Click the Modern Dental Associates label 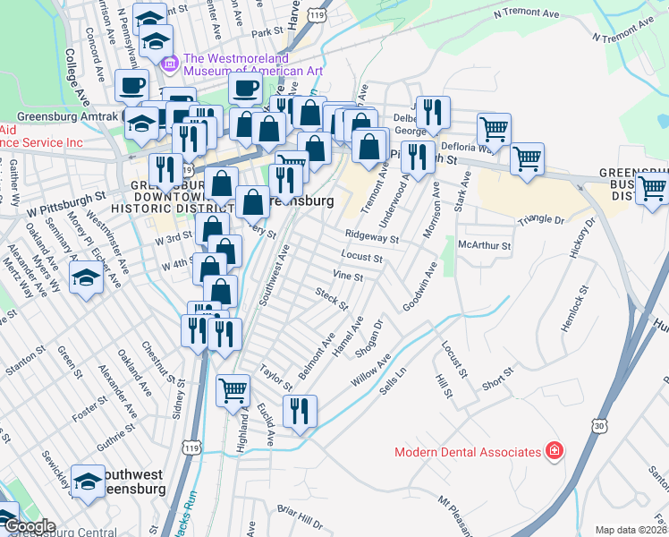coord(469,451)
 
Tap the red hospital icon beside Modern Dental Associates coord(555,450)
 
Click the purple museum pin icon coord(169,63)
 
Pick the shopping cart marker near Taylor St coord(233,388)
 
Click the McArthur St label coord(483,245)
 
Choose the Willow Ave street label coord(371,371)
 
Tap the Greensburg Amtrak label coord(59,116)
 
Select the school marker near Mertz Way coord(85,280)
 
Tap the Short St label coord(497,379)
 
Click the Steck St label coord(331,299)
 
